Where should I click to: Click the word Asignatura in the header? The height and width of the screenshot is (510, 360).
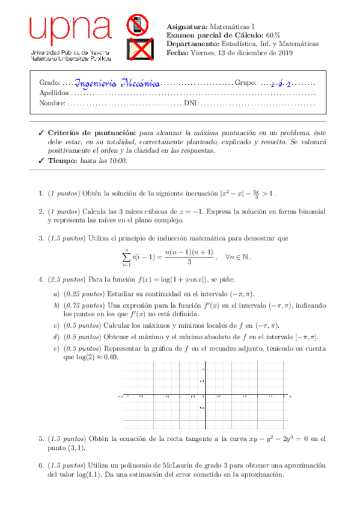click(x=186, y=27)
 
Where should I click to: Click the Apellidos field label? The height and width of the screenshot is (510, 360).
click(x=54, y=93)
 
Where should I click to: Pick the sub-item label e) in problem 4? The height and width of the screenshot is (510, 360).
click(x=56, y=348)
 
